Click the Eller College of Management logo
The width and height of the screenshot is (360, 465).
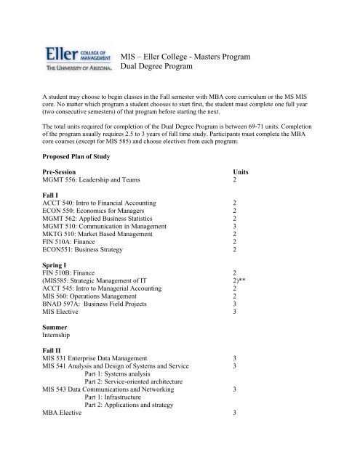tap(77, 57)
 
